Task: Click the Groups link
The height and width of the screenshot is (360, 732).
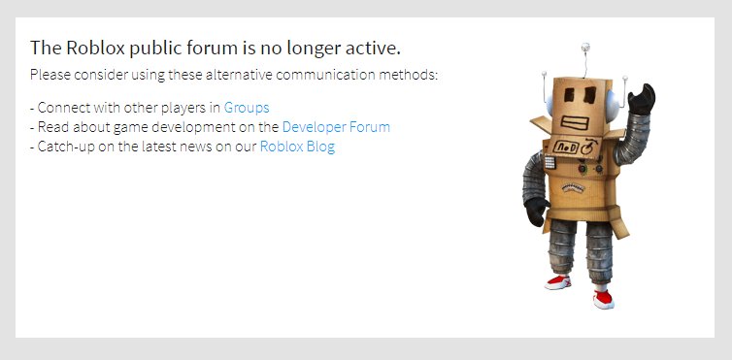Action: (x=247, y=108)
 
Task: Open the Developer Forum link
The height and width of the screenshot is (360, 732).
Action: (x=336, y=127)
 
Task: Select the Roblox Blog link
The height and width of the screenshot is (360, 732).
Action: (x=297, y=147)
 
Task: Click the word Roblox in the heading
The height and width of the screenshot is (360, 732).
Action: (x=95, y=48)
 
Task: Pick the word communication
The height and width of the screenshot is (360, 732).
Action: (x=325, y=75)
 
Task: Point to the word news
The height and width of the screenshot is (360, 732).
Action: (x=195, y=147)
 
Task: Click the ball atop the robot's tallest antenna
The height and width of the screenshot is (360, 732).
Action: (x=585, y=47)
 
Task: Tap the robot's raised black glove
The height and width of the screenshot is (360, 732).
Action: (x=642, y=99)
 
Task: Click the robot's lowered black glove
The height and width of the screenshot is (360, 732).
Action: (x=536, y=212)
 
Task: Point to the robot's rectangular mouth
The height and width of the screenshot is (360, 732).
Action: (x=575, y=123)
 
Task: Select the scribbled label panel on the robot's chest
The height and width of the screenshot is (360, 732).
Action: (x=574, y=147)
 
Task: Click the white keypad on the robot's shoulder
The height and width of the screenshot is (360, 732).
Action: (x=549, y=162)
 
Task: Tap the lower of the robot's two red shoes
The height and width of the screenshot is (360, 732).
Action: (x=603, y=299)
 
